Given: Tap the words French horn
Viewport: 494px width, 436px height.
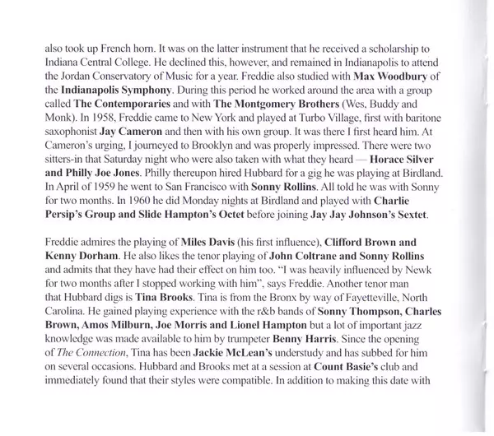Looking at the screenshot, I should pos(120,49).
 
